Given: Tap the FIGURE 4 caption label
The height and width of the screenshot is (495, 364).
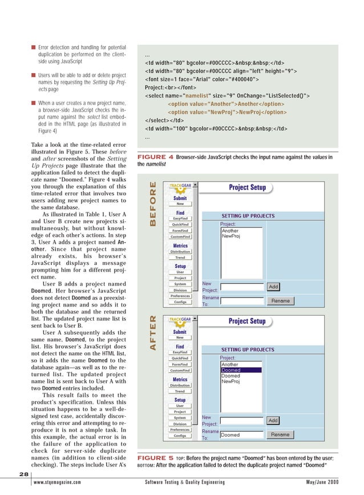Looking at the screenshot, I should pyautogui.click(x=155, y=156).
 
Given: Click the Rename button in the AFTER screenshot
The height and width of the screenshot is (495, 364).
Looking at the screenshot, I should pyautogui.click(x=280, y=434).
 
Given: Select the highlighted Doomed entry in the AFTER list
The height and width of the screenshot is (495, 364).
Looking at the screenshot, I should pyautogui.click(x=240, y=370).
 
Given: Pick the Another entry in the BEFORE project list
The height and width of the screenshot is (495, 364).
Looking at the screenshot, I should pyautogui.click(x=230, y=231).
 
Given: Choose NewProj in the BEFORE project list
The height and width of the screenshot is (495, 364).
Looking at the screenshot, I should pyautogui.click(x=231, y=236).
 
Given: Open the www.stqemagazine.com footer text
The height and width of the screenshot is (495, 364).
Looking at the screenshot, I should pyautogui.click(x=57, y=482).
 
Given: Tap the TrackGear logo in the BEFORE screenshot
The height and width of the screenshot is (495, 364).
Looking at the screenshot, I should pyautogui.click(x=180, y=186).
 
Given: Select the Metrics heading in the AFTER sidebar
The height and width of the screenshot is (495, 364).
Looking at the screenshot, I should pyautogui.click(x=180, y=379).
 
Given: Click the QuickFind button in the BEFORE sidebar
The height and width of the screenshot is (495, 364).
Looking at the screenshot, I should pyautogui.click(x=180, y=225).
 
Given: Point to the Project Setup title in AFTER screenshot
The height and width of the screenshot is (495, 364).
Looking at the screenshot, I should pyautogui.click(x=246, y=321).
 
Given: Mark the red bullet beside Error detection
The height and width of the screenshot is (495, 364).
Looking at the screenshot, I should pyautogui.click(x=34, y=46).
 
